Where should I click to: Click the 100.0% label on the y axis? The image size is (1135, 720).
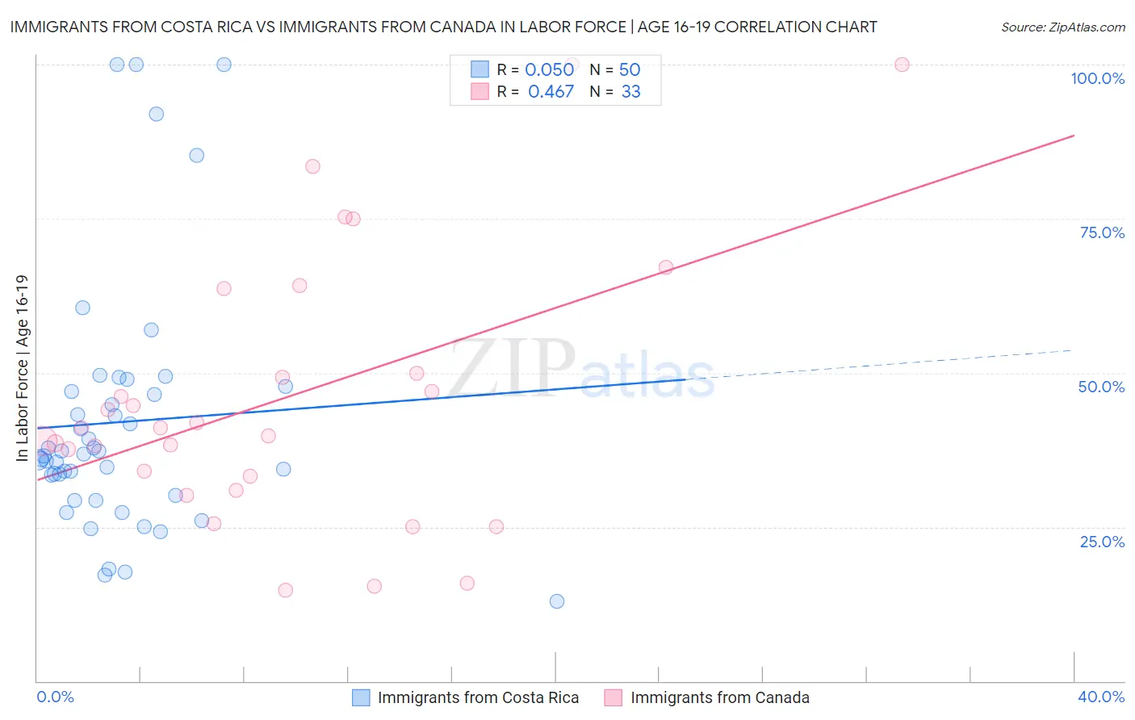click(x=1097, y=78)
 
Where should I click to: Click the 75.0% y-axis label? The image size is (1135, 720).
click(x=1102, y=232)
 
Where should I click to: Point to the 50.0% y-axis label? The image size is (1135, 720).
click(x=1101, y=387)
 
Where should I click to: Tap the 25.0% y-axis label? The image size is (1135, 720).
click(x=1102, y=541)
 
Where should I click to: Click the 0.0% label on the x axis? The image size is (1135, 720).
click(x=55, y=697)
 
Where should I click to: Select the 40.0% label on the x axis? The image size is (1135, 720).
click(x=1101, y=697)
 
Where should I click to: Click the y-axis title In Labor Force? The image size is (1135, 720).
click(x=22, y=368)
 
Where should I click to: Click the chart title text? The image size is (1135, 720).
click(x=443, y=27)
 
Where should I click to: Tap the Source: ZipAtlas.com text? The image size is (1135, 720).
click(x=1062, y=27)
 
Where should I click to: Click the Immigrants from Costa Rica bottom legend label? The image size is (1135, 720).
click(x=478, y=697)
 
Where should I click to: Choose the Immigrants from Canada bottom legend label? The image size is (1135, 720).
click(x=719, y=697)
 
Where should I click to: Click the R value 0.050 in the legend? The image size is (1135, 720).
click(x=549, y=70)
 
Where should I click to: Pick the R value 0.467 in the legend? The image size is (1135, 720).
click(x=551, y=92)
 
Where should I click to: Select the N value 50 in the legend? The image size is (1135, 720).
click(x=630, y=70)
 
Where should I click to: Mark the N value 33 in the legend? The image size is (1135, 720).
click(x=630, y=92)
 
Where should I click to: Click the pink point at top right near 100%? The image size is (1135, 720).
click(x=902, y=65)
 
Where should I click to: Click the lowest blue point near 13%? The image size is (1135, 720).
click(x=556, y=601)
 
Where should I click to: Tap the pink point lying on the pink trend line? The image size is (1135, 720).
click(x=666, y=267)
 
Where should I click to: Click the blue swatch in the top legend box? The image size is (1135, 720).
click(x=480, y=69)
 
